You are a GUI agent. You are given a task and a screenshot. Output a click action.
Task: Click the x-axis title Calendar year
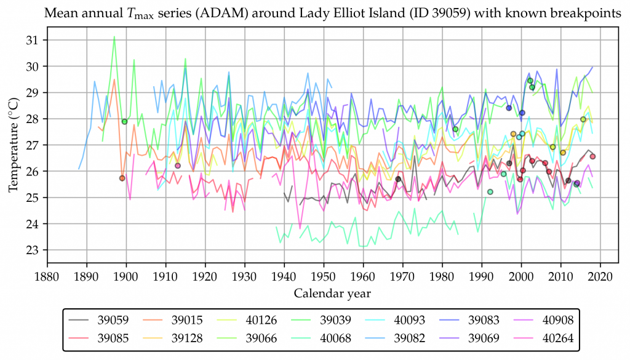(x=332, y=293)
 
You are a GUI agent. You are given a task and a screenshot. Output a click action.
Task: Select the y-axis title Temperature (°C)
(x=13, y=145)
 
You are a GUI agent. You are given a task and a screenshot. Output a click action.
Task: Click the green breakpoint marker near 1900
(x=124, y=121)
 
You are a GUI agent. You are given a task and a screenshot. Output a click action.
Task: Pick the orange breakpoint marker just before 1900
(x=122, y=178)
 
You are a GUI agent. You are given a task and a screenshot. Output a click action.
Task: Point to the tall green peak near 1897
(x=114, y=37)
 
